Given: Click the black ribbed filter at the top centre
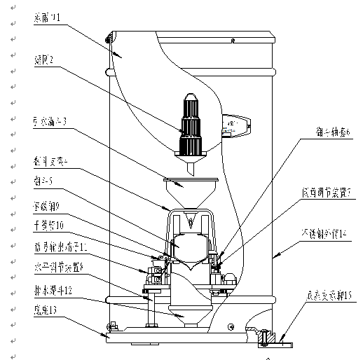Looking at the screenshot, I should point(191,126).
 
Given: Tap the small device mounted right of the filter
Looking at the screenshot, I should point(235,125).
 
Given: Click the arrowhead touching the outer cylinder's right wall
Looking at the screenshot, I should point(275,258).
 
